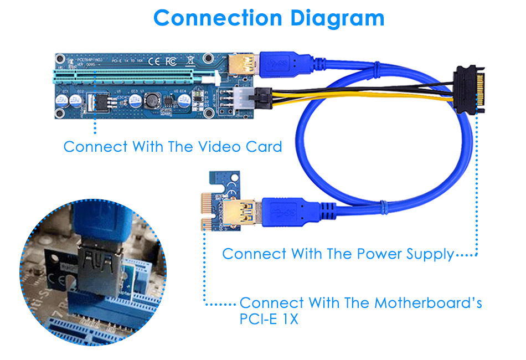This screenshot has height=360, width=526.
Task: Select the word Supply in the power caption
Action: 426,254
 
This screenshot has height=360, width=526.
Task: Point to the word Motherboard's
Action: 428,303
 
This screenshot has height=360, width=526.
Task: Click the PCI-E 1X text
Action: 269,320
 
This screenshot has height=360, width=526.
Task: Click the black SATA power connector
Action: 470,89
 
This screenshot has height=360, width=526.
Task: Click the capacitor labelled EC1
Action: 61,100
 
